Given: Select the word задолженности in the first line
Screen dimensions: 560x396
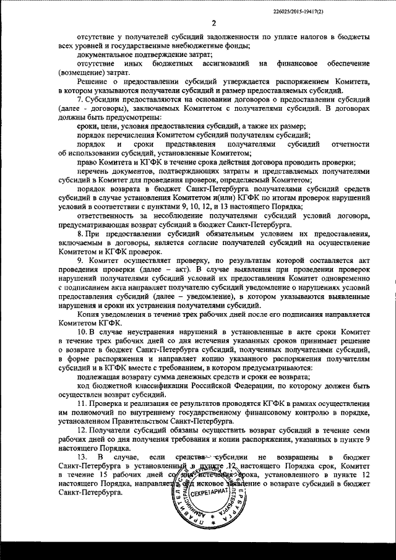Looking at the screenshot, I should [222, 38].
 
